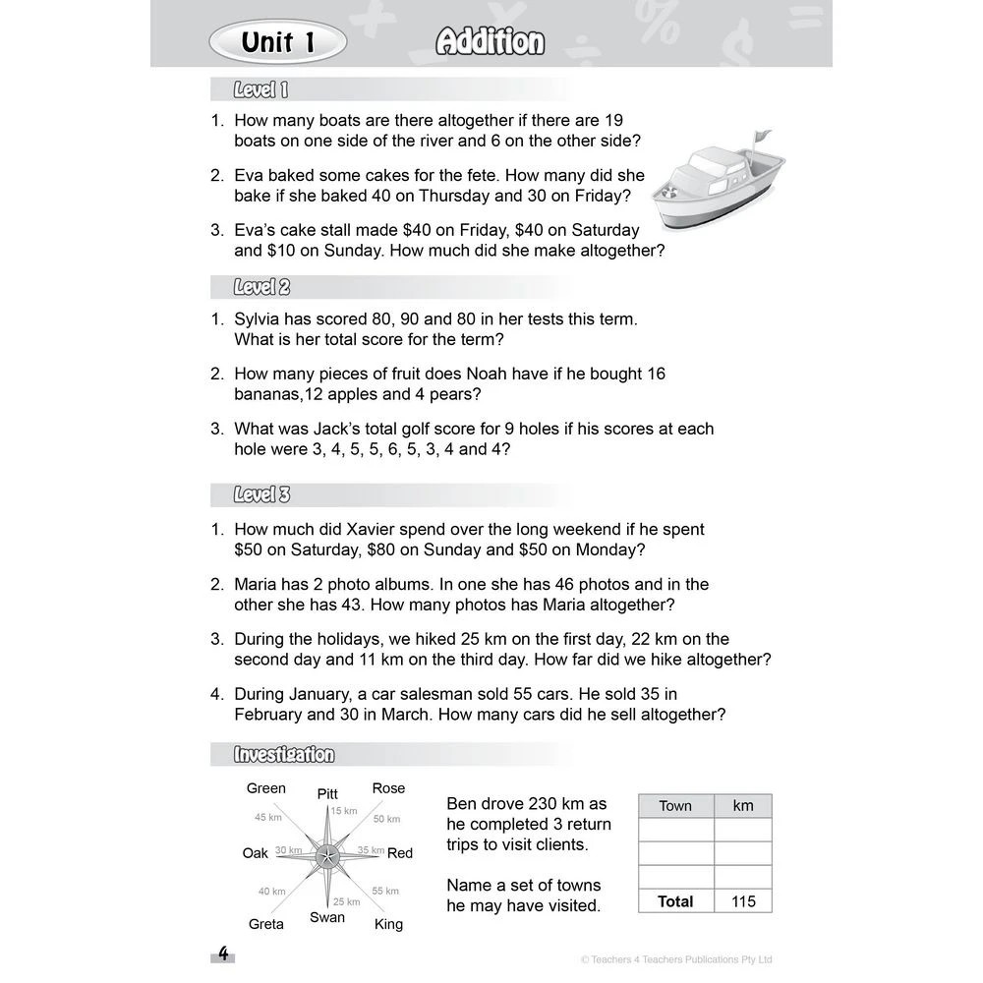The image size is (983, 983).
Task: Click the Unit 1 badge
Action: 277,42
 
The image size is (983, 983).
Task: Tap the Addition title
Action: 490,42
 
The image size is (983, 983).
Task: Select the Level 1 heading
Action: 260,90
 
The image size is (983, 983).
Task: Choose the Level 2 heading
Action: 261,288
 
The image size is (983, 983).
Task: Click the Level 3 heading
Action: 261,494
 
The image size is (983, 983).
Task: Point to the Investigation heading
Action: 284,755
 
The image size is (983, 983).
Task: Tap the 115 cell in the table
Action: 743,901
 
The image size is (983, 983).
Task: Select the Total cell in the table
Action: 675,901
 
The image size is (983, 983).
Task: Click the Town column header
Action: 675,806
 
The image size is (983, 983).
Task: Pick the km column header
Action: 743,806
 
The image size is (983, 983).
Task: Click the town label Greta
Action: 265,924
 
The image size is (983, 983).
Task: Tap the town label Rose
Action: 388,788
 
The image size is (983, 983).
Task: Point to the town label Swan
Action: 327,917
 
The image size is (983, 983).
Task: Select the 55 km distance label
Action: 385,891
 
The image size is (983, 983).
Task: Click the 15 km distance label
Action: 343,811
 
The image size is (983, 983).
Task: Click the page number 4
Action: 223,954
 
